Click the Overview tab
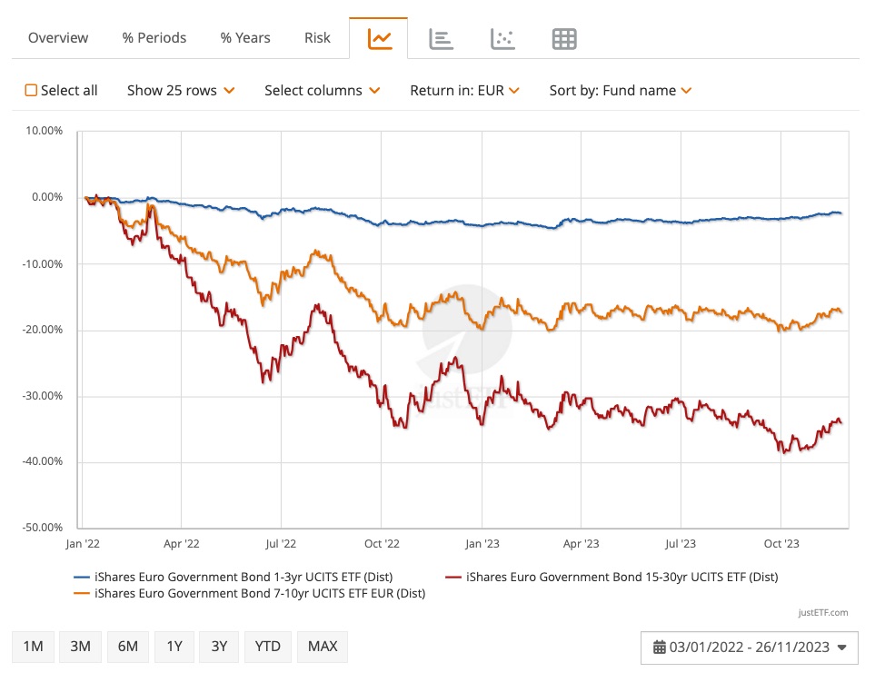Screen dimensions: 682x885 [58, 38]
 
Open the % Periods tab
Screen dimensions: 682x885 [154, 38]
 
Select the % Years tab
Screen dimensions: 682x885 [245, 38]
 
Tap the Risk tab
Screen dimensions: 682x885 [318, 38]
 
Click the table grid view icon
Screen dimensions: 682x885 [564, 39]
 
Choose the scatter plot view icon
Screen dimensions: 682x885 [502, 39]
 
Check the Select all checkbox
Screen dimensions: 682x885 [32, 91]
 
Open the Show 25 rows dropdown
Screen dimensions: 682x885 [181, 91]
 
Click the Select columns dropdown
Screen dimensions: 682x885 [322, 91]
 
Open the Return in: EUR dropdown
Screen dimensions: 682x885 [464, 91]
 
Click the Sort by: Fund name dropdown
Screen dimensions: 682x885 [621, 91]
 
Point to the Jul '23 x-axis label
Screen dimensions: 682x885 [681, 544]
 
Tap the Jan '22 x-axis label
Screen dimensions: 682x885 [82, 544]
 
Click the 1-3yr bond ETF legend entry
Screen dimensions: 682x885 [234, 577]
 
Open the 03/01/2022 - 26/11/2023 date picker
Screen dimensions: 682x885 [750, 647]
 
